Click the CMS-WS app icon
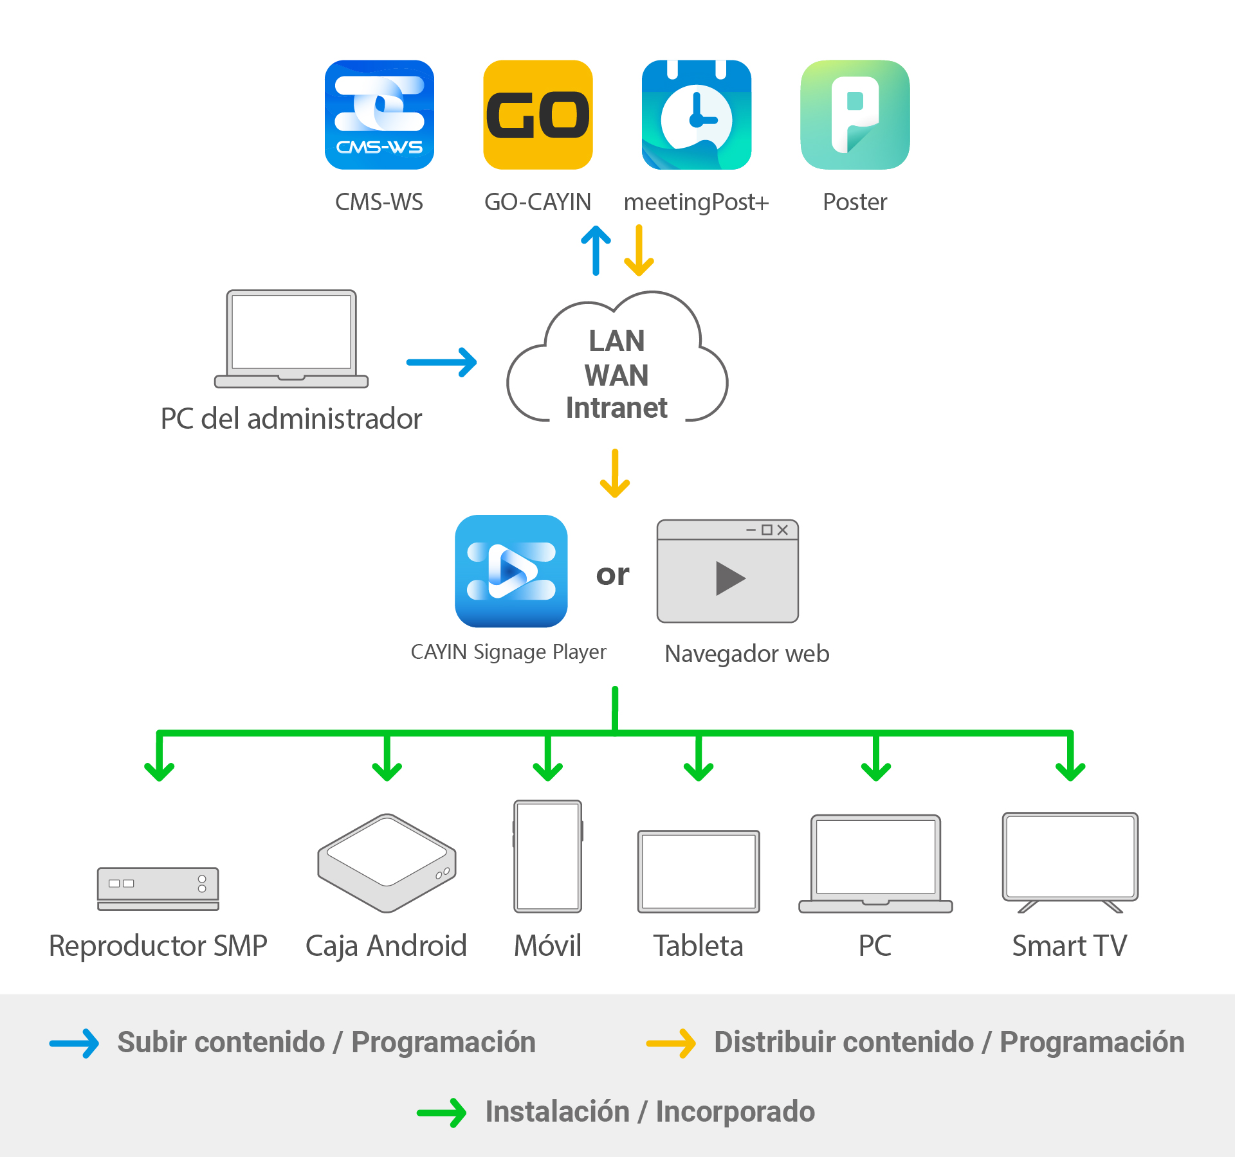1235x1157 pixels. click(380, 115)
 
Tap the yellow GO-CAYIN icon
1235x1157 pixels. click(538, 115)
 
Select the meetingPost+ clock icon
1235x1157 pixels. click(697, 115)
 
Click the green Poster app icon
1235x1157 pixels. click(855, 115)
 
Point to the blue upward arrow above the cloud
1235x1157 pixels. click(596, 251)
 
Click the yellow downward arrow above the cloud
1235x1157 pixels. click(639, 251)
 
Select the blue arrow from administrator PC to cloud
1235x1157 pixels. click(442, 363)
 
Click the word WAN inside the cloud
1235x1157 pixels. click(616, 375)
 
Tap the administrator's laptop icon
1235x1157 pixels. click(291, 339)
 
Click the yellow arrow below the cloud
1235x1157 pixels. click(615, 474)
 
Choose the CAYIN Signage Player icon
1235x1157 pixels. click(511, 571)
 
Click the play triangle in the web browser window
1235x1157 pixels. click(730, 578)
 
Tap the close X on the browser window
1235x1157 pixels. click(783, 530)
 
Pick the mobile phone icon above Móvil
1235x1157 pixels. click(548, 856)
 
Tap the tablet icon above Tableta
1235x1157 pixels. click(699, 872)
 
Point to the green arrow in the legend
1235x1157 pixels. click(442, 1113)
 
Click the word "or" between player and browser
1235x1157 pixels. click(612, 575)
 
